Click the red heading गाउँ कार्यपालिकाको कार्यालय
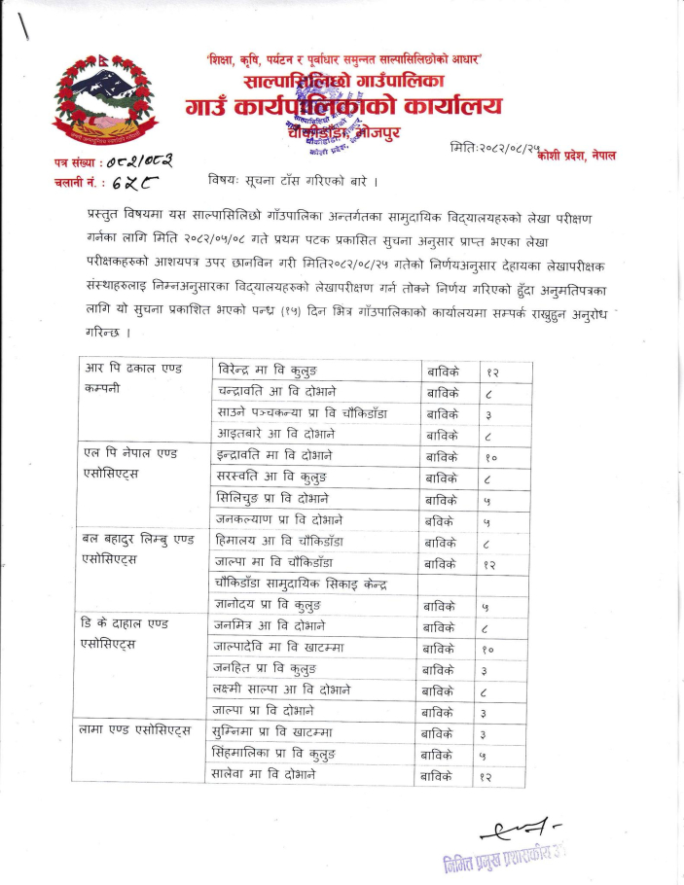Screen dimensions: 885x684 (347, 105)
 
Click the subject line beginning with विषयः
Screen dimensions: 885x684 (293, 181)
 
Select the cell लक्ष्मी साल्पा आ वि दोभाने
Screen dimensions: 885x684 (282, 690)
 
